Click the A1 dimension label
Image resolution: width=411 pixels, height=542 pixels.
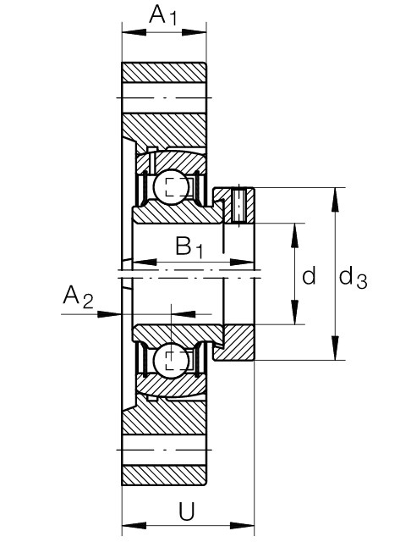point(163,15)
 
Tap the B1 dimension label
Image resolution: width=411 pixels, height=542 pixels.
point(189,247)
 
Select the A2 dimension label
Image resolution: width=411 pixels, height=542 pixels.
point(78,297)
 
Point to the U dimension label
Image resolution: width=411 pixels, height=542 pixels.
point(187,511)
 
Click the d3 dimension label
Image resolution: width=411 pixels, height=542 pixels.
point(353,278)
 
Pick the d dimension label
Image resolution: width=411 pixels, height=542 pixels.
point(309,275)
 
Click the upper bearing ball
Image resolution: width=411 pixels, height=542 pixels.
point(172,187)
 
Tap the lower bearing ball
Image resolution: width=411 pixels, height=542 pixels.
point(172,361)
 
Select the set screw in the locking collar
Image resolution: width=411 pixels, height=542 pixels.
point(238,205)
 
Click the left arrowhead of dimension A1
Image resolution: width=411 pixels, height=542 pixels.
point(134,32)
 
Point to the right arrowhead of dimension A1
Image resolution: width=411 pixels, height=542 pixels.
point(194,32)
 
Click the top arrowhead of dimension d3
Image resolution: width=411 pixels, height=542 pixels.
point(334,200)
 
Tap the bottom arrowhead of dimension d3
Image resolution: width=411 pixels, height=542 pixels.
point(334,348)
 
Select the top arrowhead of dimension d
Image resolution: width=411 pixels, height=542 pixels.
point(294,235)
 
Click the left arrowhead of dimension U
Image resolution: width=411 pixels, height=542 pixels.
point(134,526)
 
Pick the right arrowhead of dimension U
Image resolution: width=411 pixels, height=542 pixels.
point(242,526)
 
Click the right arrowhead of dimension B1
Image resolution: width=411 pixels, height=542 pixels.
point(242,262)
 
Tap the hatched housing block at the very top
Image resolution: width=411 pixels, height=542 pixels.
point(163,73)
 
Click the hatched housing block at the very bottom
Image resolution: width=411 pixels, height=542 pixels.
point(163,475)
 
